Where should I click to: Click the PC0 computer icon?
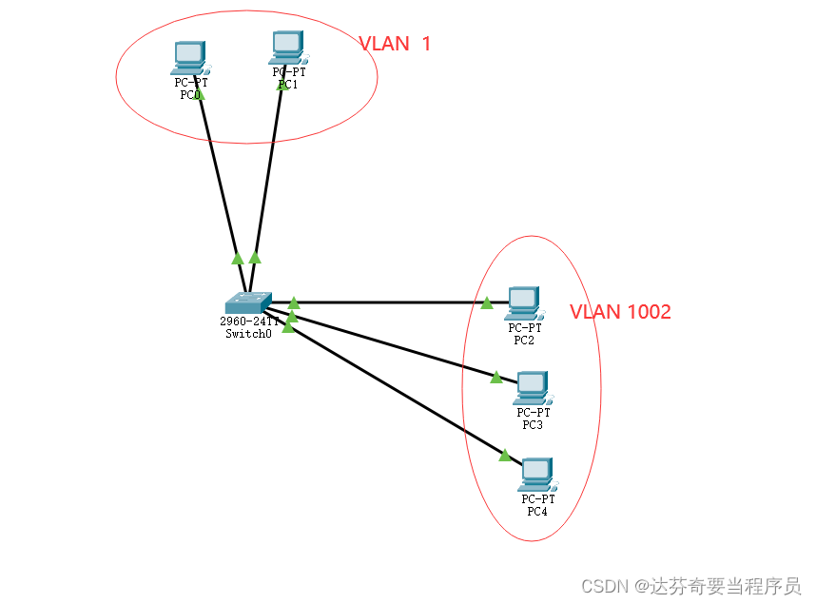click(189, 58)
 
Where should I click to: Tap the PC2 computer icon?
click(523, 302)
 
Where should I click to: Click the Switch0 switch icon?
click(248, 302)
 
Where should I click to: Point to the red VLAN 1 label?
click(395, 44)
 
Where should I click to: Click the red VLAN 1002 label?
click(620, 312)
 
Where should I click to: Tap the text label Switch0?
click(248, 334)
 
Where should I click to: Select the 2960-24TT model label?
click(248, 321)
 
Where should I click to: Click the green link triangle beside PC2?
click(487, 303)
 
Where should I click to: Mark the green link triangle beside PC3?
click(495, 378)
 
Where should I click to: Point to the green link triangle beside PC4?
click(505, 456)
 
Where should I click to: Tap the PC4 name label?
click(536, 512)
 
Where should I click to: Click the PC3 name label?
click(533, 424)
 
